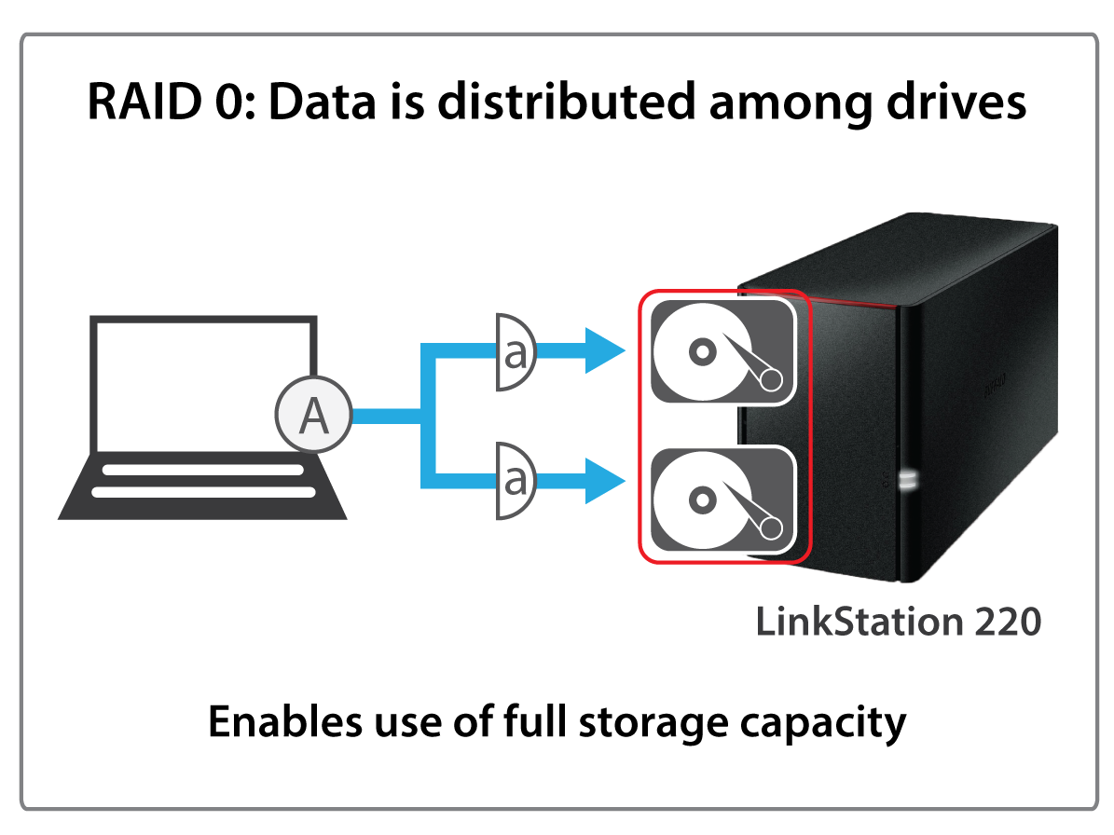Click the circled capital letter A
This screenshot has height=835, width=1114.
click(312, 416)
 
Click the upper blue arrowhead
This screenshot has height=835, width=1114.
click(603, 351)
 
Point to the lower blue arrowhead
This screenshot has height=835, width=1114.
click(603, 481)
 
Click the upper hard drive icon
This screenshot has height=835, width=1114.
click(723, 350)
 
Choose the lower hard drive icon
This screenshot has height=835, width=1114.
click(723, 500)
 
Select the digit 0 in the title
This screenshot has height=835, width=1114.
click(233, 102)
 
